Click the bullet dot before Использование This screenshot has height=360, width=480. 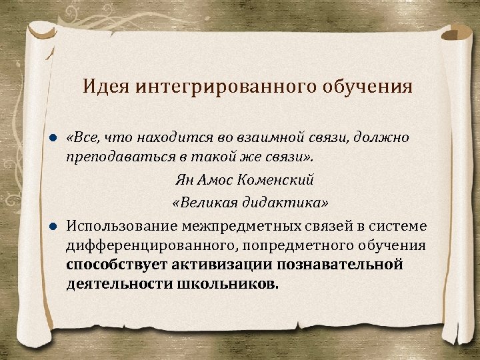click(x=55, y=225)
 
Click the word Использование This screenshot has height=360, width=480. click(x=120, y=225)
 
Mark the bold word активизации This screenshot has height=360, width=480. click(x=214, y=265)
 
